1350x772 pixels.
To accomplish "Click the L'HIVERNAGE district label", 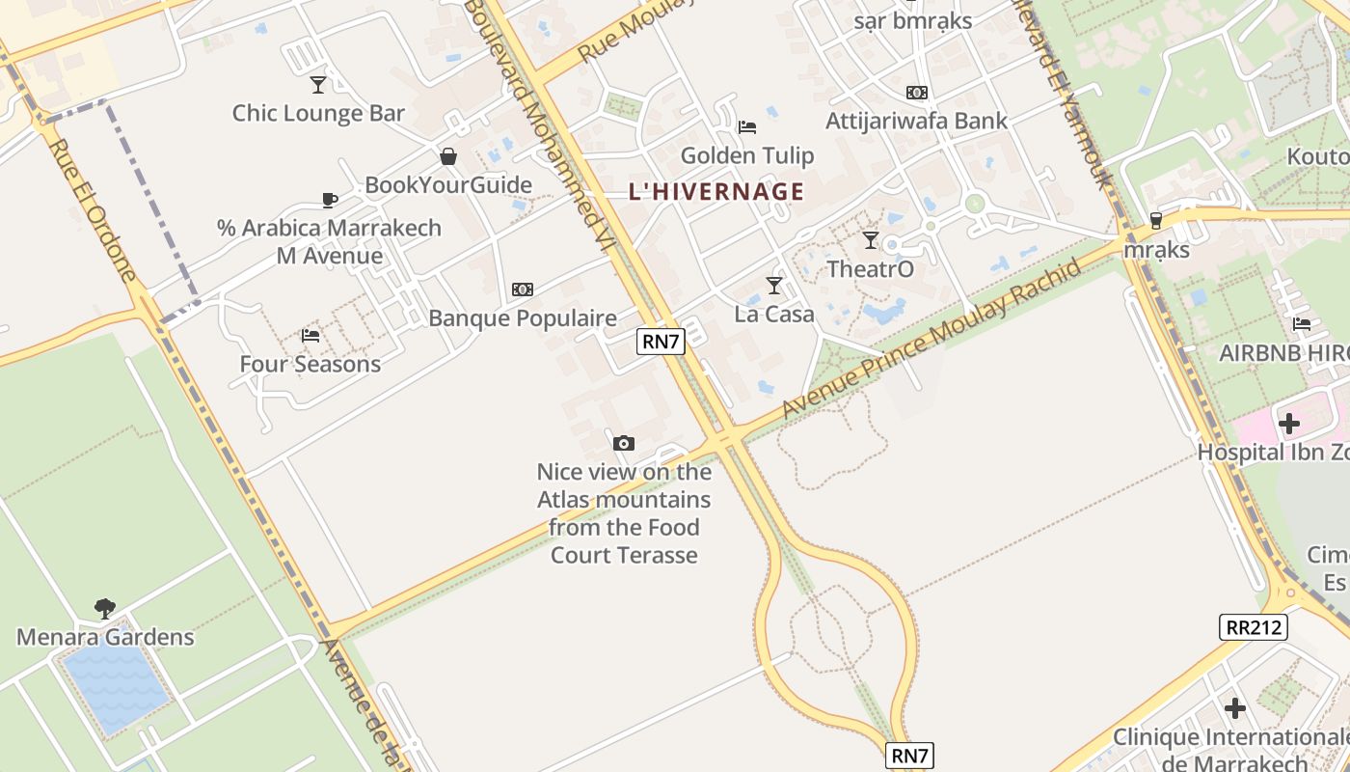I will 715,191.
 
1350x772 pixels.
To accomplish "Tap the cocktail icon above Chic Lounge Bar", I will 318,85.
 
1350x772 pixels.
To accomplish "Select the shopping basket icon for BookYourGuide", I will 448,156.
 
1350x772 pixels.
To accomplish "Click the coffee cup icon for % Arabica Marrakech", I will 330,200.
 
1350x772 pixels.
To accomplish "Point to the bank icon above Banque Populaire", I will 523,289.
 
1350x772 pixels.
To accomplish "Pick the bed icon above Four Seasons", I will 310,336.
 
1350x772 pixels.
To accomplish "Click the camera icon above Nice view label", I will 624,444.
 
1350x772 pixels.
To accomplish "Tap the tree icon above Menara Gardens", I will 105,609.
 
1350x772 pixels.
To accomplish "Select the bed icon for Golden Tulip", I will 746,127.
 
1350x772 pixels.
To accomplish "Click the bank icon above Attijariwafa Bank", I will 916,93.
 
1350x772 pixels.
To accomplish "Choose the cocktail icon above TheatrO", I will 871,240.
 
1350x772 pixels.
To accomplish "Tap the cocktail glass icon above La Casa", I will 773,286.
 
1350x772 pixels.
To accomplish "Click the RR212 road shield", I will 1253,627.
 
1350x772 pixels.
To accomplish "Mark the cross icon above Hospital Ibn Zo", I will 1289,424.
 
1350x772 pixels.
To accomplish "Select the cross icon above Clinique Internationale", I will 1235,708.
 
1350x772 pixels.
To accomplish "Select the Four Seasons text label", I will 310,364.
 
